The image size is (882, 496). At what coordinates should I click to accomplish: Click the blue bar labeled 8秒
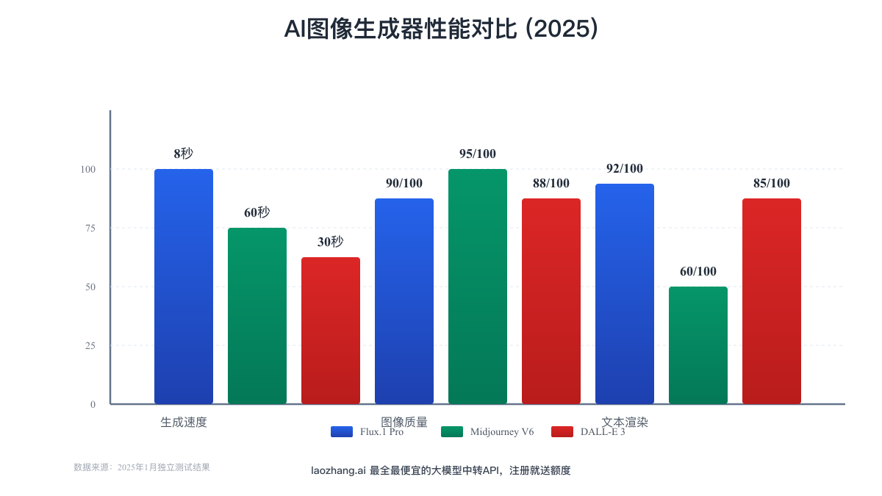(184, 287)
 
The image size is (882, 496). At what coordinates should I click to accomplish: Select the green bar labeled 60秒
(257, 316)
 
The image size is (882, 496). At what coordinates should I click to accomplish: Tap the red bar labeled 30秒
(331, 331)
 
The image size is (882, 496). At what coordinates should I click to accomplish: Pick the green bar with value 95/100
(478, 287)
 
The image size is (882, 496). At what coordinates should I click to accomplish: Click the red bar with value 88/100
(551, 301)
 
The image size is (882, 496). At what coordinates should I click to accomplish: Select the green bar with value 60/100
(698, 345)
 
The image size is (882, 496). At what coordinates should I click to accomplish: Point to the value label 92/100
(625, 168)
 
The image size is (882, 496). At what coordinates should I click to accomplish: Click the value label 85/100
(772, 183)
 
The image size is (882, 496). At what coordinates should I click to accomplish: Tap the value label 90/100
(404, 183)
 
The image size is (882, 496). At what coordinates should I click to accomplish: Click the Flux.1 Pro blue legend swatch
(342, 431)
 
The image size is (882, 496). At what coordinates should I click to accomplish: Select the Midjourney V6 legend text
(502, 431)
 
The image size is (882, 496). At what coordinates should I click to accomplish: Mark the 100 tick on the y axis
(87, 169)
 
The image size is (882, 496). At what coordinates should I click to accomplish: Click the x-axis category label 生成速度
(184, 423)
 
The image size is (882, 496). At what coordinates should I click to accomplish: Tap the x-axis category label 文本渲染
(625, 423)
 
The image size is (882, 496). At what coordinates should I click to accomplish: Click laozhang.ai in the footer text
(338, 470)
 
